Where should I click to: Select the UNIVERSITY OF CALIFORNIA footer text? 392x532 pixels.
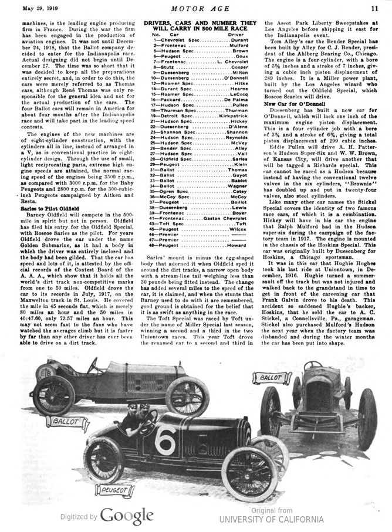271,519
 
